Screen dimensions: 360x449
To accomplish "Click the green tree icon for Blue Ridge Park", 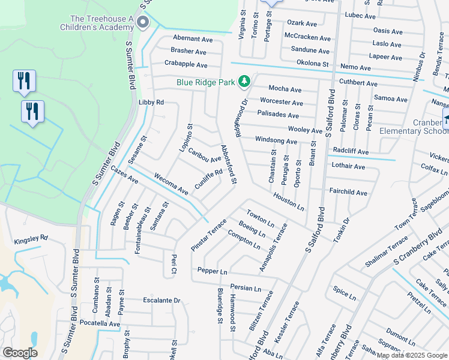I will point(244,80).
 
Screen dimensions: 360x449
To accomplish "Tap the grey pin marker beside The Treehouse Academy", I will point(143,23).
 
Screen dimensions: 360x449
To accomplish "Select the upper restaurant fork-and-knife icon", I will point(24,80).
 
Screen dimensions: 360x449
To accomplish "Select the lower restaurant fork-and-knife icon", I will point(32,111).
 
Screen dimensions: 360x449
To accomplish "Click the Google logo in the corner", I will point(20,353).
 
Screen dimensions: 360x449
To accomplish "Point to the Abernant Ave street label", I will point(193,39).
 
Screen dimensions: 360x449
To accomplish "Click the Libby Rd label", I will point(151,103).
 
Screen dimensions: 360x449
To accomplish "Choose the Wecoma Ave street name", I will point(172,184).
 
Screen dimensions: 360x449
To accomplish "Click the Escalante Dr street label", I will point(161,300).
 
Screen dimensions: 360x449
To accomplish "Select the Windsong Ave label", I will point(276,141).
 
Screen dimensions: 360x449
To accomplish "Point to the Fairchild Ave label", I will point(348,193).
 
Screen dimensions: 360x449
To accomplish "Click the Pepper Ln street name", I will point(212,271).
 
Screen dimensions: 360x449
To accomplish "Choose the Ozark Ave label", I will point(302,23).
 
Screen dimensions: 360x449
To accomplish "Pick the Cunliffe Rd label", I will point(208,179).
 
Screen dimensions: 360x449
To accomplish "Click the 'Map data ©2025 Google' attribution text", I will point(412,355).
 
